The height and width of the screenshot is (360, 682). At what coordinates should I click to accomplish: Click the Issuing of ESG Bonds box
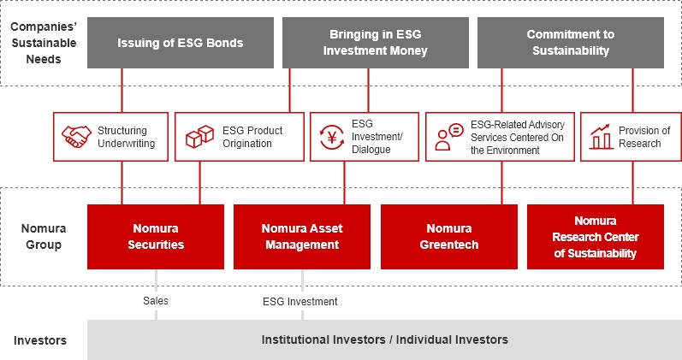coord(181,43)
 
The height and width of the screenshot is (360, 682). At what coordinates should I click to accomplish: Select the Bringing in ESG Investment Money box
coord(376,43)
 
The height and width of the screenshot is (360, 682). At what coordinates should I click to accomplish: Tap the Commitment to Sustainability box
coord(571,43)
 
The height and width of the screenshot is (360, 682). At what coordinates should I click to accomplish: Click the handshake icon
coord(76,137)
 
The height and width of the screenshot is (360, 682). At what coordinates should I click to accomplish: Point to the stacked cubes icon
coord(199,137)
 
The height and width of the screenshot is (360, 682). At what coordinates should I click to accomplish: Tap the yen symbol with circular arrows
coord(332,137)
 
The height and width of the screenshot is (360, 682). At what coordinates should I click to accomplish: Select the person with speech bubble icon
coord(449,137)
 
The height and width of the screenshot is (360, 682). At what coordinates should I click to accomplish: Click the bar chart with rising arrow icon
coord(601,137)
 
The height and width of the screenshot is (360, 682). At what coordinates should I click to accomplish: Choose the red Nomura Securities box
coord(156,237)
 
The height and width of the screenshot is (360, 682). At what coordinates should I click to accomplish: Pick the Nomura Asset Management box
coord(302,237)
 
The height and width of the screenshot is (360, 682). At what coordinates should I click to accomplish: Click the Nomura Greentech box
coord(449,237)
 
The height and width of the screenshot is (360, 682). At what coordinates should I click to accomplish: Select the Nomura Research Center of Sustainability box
coord(596,237)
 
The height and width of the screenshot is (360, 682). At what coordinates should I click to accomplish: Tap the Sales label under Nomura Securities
coord(156,301)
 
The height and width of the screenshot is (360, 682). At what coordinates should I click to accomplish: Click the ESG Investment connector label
coord(300,302)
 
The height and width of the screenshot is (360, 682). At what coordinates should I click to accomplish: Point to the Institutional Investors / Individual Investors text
coord(384,339)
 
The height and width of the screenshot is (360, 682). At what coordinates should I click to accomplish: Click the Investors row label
coord(40,340)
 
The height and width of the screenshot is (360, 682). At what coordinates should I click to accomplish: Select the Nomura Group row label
coord(44,237)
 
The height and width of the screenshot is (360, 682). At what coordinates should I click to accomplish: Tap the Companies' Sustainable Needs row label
coord(44,43)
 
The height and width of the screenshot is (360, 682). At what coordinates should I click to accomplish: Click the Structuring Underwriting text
coord(126,137)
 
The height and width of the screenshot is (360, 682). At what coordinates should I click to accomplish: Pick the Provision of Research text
coord(644,137)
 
